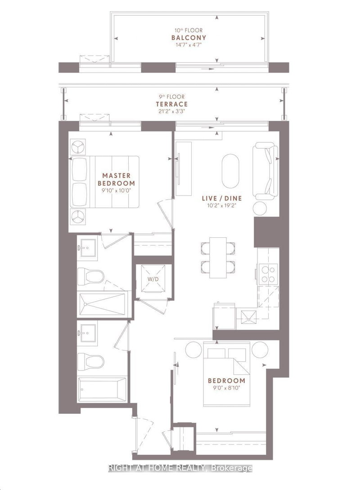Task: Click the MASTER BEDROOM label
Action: [x=116, y=179]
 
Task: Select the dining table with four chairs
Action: [x=218, y=256]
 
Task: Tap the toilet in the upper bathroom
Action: [x=91, y=276]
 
